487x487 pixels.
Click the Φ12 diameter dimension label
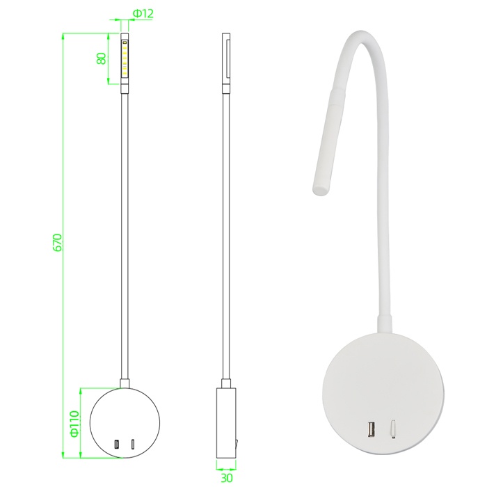(143, 13)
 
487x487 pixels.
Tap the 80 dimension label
(102, 58)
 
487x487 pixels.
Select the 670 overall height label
(58, 243)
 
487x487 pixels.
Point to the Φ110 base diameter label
(75, 424)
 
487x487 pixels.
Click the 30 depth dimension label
(226, 478)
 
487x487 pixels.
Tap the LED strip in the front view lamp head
(125, 58)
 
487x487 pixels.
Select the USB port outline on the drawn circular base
(117, 445)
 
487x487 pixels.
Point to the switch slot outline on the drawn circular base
(133, 445)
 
